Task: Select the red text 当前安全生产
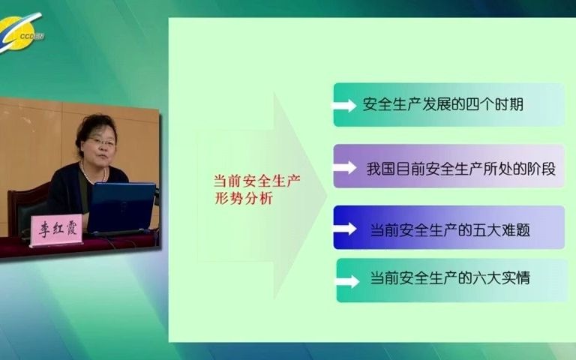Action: tap(245, 181)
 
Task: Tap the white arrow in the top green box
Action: tap(345, 105)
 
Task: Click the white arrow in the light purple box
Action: tap(345, 166)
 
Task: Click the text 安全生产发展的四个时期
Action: tap(442, 104)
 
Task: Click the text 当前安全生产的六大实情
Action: tap(450, 278)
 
